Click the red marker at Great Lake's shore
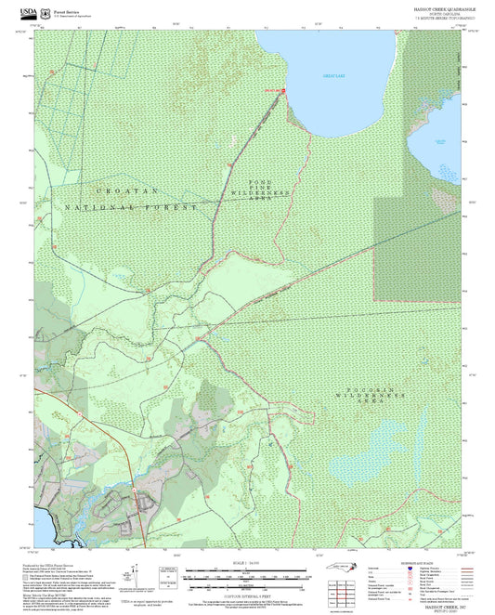pos(283,90)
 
